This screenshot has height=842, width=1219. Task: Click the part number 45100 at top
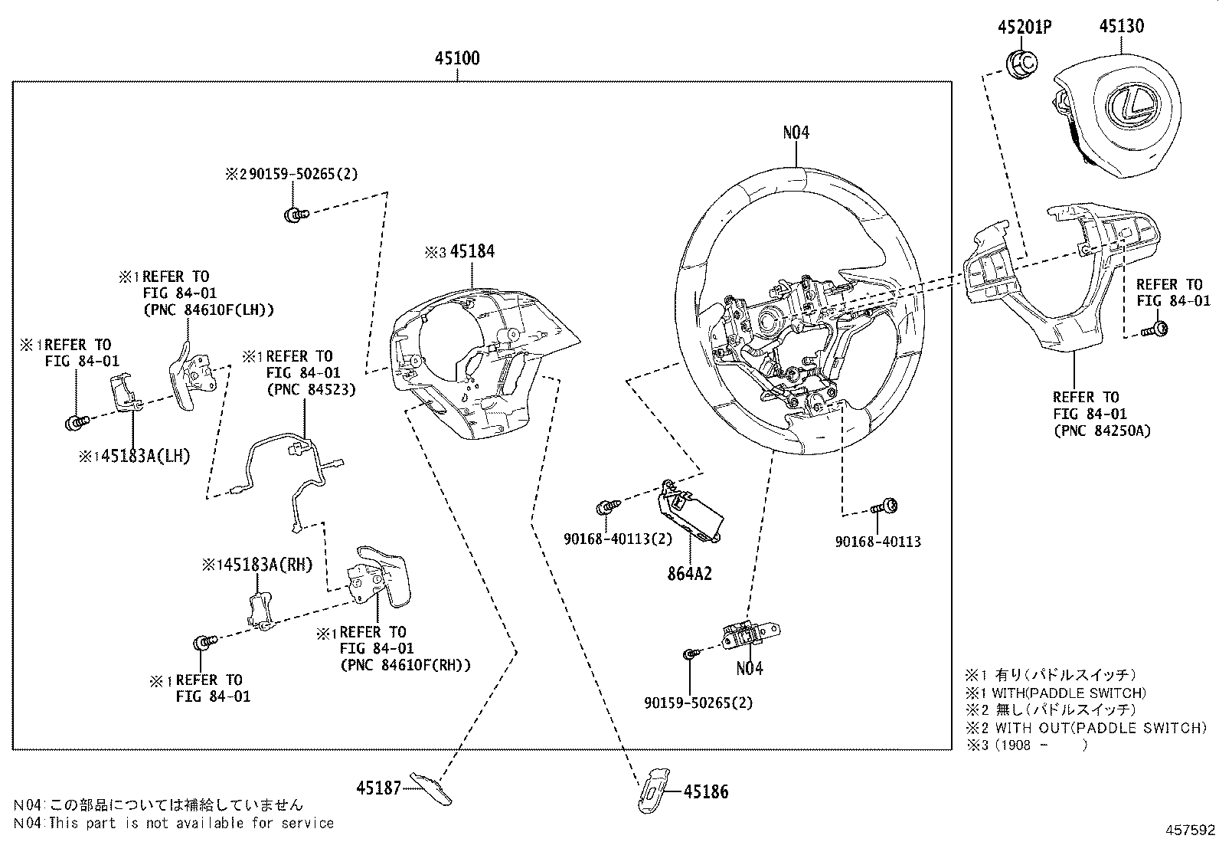point(457,58)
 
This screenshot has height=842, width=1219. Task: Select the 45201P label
point(1025,27)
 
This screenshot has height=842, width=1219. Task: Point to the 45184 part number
point(472,251)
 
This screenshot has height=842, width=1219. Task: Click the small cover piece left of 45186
point(652,788)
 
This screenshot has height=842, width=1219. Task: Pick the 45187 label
point(378,787)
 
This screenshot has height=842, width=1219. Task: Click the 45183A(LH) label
point(134,455)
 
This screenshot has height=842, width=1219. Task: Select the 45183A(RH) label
point(257,565)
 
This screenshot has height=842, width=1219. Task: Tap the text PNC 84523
point(311,389)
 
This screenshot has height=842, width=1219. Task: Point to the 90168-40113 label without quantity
point(877,542)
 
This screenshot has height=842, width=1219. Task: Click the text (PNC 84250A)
point(1101,431)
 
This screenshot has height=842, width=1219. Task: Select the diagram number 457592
point(1190,831)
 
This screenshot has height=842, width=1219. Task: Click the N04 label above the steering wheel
point(796,132)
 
